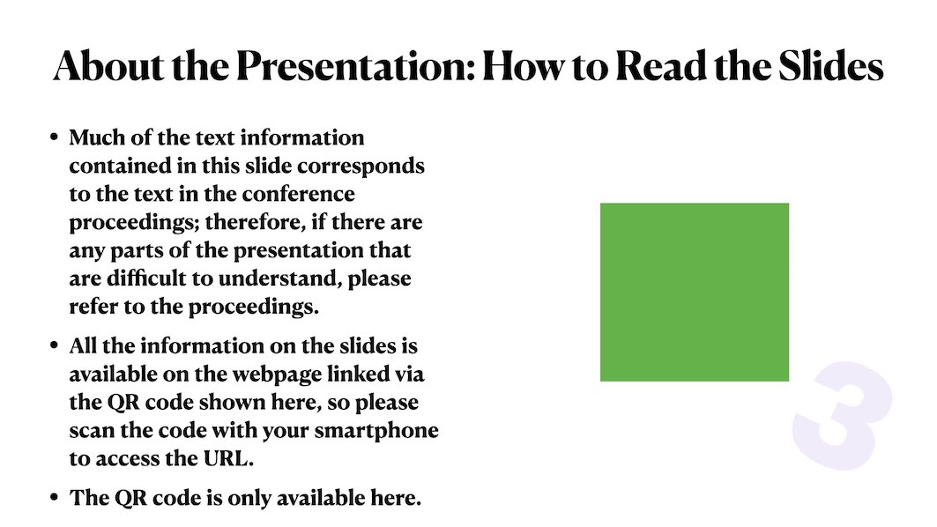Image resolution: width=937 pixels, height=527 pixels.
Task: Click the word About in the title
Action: pos(108,66)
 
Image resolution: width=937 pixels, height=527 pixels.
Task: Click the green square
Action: pos(695,293)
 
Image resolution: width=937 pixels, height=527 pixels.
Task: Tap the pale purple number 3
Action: pos(842,415)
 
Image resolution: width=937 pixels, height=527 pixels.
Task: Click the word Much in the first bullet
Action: pos(97,137)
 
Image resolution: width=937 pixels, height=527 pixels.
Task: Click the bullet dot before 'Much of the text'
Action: pos(55,137)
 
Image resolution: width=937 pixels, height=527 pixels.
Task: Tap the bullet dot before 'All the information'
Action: pos(55,346)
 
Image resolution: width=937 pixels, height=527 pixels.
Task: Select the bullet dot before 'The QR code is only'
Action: pos(55,498)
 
